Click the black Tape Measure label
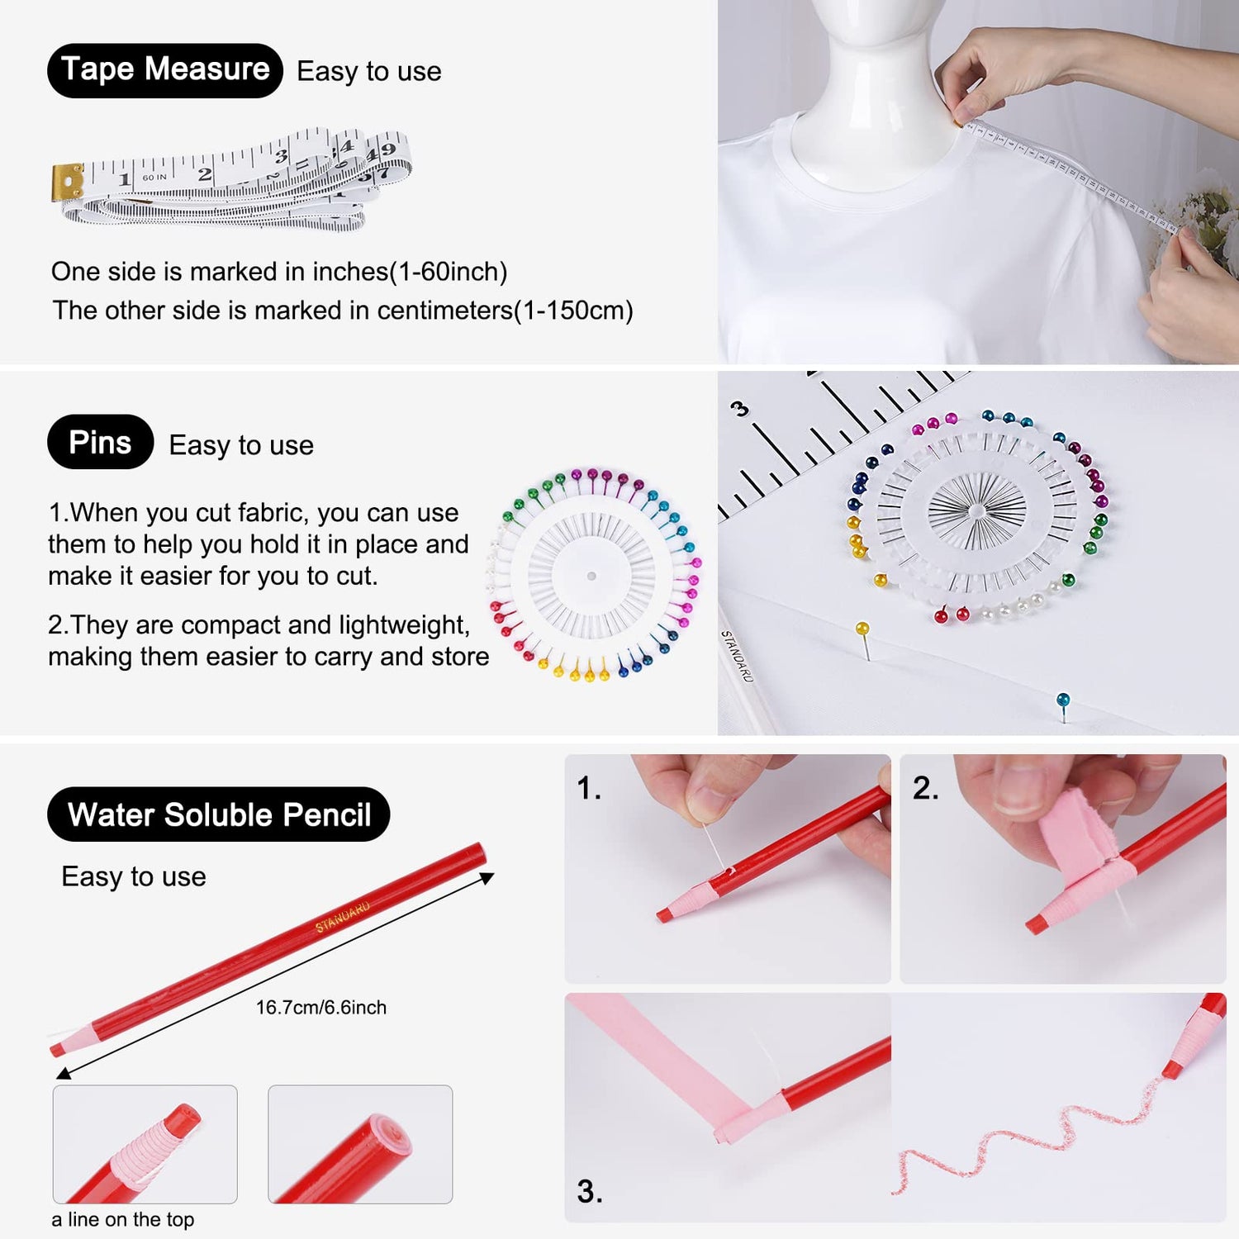point(165,70)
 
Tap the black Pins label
point(100,442)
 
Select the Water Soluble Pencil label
point(218,814)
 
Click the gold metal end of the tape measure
point(68,182)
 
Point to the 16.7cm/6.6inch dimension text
point(320,1008)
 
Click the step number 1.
point(588,788)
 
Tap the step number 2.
point(925,788)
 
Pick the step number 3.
point(589,1191)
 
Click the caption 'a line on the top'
point(123,1219)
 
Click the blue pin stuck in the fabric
point(1063,701)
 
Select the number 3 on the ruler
point(739,408)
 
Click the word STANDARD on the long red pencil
point(342,918)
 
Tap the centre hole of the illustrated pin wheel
point(591,576)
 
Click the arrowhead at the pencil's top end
point(487,878)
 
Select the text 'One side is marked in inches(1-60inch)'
point(279,272)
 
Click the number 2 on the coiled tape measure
point(205,174)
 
